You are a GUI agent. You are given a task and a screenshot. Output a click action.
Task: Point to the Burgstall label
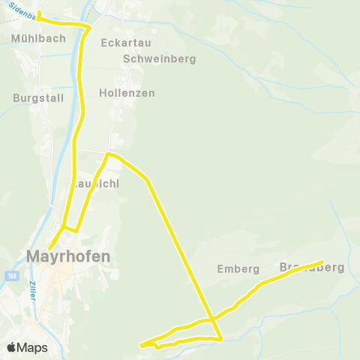[34, 97]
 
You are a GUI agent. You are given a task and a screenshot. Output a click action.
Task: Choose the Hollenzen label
[127, 93]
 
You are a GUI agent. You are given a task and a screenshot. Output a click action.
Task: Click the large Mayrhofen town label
[68, 256]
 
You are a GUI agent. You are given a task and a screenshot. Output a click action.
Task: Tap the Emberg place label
[238, 268]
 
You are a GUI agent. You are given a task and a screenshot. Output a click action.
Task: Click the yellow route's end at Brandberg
[322, 262]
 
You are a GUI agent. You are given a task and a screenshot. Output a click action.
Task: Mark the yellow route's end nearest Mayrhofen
[49, 249]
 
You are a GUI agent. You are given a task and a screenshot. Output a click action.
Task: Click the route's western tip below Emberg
[141, 345]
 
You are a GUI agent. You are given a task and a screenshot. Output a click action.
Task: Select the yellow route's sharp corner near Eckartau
[91, 27]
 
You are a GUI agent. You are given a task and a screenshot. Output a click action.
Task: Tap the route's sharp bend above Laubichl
[108, 154]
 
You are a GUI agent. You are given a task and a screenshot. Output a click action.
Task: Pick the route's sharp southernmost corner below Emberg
[221, 339]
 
